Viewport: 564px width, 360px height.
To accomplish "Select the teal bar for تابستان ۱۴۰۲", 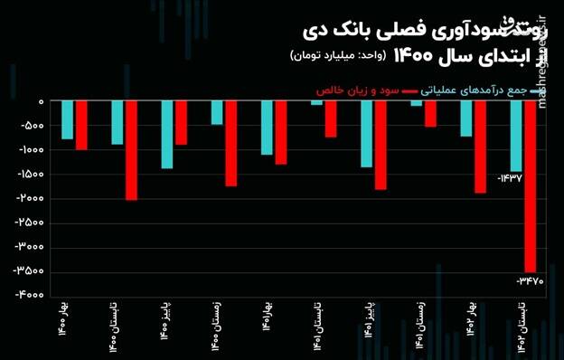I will coord(516,136).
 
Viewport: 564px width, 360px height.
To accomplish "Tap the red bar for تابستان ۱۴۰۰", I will coord(131,150).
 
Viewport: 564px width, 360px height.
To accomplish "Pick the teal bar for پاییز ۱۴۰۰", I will coord(167,134).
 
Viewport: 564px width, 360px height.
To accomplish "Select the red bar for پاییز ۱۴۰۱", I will coord(381,145).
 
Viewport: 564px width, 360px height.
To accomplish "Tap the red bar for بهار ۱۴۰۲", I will coord(480,147).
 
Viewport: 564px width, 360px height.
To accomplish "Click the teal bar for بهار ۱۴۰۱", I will coord(267,128).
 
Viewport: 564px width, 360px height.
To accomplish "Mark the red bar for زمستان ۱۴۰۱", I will coord(430,113).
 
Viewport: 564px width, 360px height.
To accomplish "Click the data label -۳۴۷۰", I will coord(529,281).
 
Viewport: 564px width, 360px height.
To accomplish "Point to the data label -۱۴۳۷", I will coord(510,179).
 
